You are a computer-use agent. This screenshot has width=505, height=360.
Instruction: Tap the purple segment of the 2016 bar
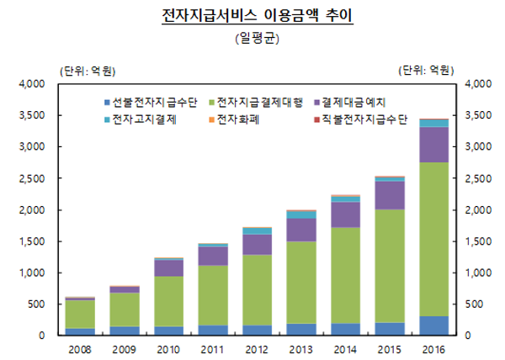[434, 145]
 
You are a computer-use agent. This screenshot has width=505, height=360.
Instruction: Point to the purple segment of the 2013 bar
[301, 230]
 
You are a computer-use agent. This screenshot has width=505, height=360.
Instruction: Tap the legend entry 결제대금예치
[353, 103]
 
